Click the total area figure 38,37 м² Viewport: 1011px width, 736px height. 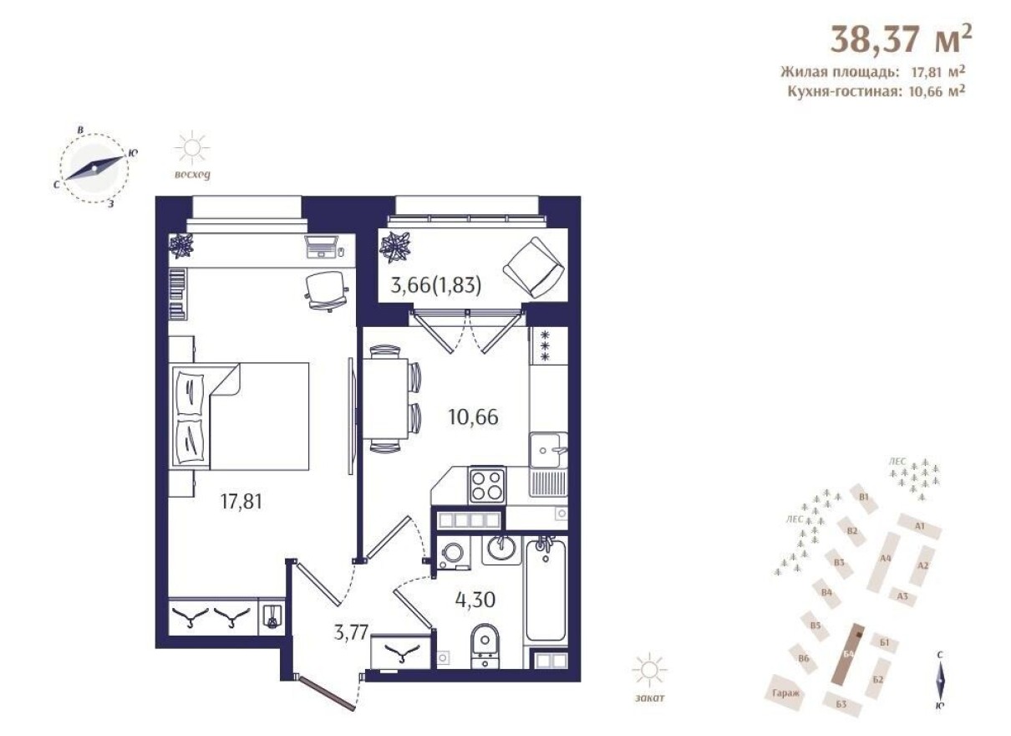click(x=900, y=38)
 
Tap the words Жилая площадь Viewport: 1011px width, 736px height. click(x=828, y=71)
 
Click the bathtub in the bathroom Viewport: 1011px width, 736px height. click(x=546, y=589)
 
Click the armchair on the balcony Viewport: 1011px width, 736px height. click(x=530, y=265)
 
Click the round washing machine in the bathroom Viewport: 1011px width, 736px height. click(x=454, y=554)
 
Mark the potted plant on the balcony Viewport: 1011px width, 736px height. click(x=395, y=248)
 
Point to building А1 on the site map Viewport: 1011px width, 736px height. click(x=920, y=526)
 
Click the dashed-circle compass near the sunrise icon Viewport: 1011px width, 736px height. click(x=95, y=168)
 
